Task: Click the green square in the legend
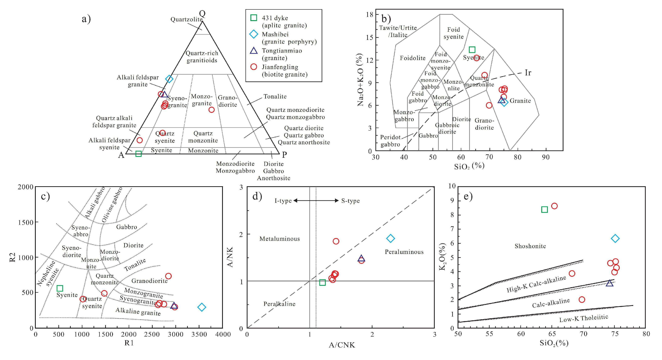254,18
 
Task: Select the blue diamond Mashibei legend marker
254,34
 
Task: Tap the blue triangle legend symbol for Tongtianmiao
254,51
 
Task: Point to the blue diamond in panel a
169,79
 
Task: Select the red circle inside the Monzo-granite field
211,110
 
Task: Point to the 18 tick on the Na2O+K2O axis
370,14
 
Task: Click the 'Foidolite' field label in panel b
413,58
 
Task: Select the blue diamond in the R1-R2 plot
202,307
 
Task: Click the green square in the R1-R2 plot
60,288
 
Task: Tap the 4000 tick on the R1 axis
223,334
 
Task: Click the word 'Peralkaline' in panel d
279,304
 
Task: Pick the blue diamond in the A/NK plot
391,238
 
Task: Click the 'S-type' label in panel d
350,201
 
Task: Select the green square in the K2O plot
544,210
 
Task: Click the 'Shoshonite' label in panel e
530,246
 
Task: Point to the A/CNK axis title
342,345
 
